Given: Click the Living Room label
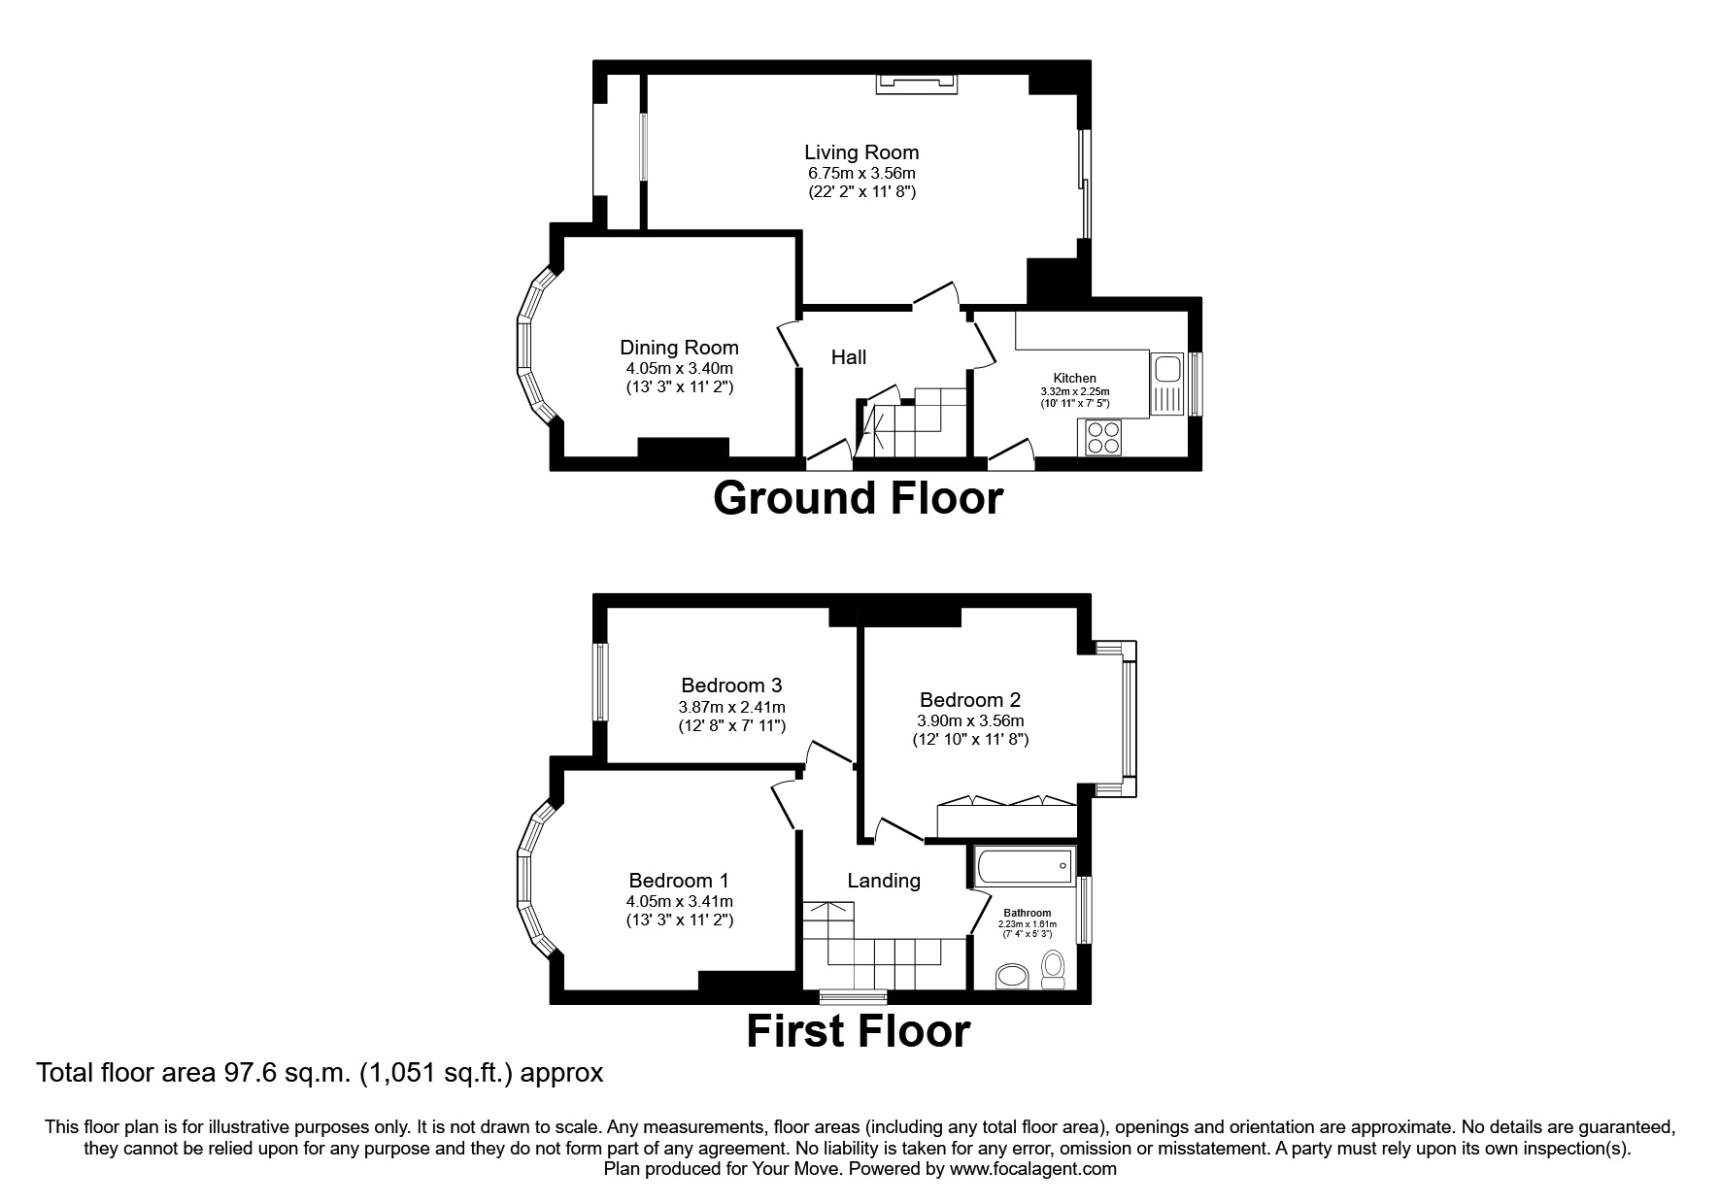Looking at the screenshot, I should [x=860, y=152].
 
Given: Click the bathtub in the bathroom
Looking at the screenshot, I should [x=1025, y=865].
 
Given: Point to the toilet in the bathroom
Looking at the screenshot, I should [x=1053, y=969].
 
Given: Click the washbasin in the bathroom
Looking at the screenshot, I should [x=1014, y=976].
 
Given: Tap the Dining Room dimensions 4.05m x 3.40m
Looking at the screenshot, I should [x=679, y=368].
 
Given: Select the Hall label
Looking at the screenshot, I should [x=848, y=357].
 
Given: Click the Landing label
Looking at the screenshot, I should [x=883, y=881].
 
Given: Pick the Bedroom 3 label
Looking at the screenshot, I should [x=731, y=686].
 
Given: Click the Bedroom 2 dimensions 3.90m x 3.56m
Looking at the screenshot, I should [x=969, y=720].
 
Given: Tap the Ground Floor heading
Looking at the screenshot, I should [x=858, y=498].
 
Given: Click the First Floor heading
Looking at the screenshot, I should [x=858, y=1031].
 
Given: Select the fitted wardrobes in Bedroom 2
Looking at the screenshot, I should [x=1006, y=819].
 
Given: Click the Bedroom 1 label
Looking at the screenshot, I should [x=678, y=881].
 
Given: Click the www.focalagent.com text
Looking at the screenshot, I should [x=1032, y=1169].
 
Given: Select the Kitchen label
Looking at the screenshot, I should [x=1074, y=379].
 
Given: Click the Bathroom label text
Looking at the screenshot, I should [x=1027, y=913].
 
